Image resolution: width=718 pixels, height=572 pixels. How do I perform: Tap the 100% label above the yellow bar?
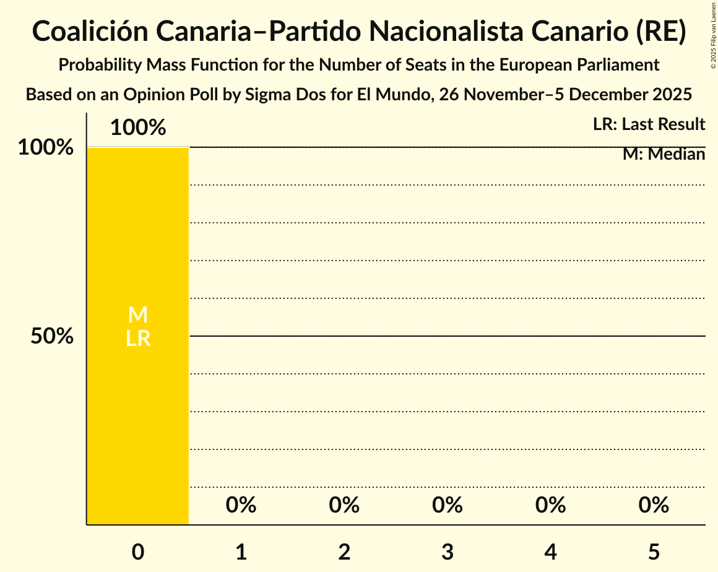point(138,128)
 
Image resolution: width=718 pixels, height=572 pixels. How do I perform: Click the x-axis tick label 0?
point(138,552)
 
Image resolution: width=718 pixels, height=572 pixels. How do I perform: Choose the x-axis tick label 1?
point(241,552)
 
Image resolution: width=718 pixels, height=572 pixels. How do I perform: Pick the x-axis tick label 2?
point(344,552)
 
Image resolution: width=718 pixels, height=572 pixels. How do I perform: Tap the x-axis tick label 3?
point(448,552)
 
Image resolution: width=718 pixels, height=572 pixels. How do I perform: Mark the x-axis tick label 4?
point(551,552)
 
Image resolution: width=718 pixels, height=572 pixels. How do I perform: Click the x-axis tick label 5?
point(654,552)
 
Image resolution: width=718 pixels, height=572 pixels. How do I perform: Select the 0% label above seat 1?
point(241,506)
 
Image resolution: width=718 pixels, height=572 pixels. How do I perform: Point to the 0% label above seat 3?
point(448,506)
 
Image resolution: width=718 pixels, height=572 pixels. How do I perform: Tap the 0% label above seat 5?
point(654,506)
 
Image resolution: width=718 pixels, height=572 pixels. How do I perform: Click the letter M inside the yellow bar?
point(138,315)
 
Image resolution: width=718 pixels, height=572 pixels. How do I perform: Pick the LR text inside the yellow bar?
point(138,339)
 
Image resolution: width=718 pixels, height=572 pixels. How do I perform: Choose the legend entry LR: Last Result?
point(649,124)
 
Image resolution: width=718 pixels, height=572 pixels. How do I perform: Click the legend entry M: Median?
point(664,154)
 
